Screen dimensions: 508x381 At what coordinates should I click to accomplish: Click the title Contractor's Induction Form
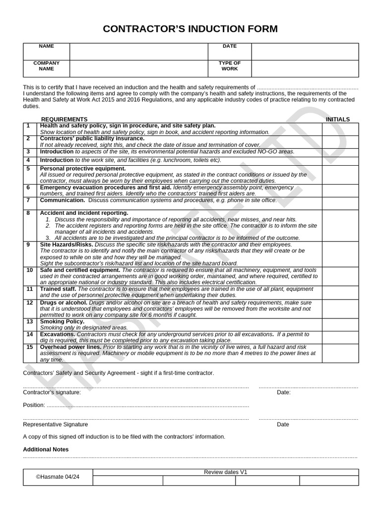(x=190, y=29)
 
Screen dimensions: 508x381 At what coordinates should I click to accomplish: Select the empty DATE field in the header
(x=305, y=52)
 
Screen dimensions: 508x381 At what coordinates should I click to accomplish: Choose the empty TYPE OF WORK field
(x=305, y=68)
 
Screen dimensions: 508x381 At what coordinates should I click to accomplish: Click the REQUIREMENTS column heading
(x=64, y=119)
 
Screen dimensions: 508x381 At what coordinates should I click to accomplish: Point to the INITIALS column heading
(x=337, y=119)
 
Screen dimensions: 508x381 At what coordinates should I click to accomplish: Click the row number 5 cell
(x=29, y=169)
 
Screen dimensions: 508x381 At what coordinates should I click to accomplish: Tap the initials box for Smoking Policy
(x=340, y=324)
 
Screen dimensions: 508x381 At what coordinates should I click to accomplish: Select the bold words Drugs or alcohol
(x=63, y=303)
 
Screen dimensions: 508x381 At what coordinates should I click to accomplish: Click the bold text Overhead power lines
(x=70, y=347)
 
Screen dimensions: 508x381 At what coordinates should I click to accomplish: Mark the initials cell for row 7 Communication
(x=340, y=203)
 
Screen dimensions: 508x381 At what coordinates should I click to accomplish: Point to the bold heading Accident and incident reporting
(x=84, y=213)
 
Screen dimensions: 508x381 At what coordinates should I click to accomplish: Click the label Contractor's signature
(x=52, y=392)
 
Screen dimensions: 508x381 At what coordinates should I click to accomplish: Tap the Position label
(x=34, y=405)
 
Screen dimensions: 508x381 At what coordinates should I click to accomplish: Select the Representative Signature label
(x=56, y=425)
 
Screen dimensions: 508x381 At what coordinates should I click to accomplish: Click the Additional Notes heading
(x=46, y=449)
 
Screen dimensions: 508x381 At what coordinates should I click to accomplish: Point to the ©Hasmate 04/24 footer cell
(x=58, y=477)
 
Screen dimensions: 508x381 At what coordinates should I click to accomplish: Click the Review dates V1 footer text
(x=225, y=472)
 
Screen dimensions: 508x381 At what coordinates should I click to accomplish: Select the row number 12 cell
(x=30, y=303)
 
